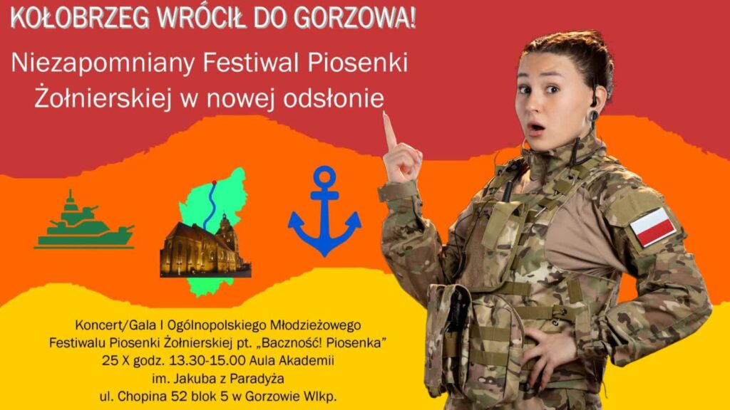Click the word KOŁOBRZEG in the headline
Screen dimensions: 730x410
[x=80, y=18]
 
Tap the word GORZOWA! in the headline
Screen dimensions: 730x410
[x=354, y=18]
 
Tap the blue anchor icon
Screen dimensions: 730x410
[x=324, y=211]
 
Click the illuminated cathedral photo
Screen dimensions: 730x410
[x=205, y=247]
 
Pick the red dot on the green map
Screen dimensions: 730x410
[x=214, y=183]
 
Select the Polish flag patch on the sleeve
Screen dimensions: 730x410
[x=653, y=227]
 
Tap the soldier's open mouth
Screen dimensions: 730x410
[x=536, y=127]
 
